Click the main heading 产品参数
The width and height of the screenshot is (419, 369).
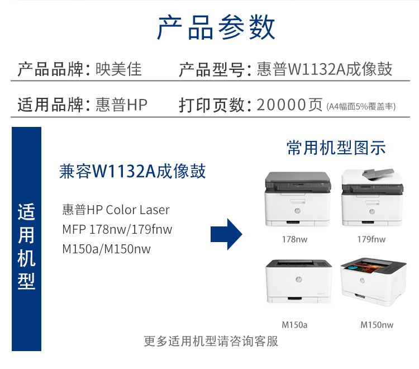click(216, 27)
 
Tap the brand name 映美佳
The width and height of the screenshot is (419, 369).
click(118, 69)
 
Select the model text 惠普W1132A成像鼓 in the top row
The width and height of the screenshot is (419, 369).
click(325, 69)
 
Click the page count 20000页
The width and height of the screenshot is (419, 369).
click(289, 105)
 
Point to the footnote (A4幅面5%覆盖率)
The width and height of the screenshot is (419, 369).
click(361, 106)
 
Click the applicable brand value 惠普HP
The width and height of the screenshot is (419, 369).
click(121, 105)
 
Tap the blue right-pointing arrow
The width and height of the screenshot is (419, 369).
click(226, 234)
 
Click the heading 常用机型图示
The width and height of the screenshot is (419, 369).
click(336, 148)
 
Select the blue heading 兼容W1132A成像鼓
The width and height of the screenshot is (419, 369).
click(132, 171)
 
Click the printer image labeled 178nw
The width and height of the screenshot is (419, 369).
click(298, 199)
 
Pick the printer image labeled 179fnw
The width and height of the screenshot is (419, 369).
click(372, 197)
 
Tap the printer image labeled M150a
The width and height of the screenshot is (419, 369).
click(299, 281)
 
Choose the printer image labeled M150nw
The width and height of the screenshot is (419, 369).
click(374, 282)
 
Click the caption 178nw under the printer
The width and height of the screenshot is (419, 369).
click(294, 239)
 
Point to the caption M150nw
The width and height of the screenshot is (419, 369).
click(377, 325)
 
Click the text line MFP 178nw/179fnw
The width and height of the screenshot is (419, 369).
click(117, 229)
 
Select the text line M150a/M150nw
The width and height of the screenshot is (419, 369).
click(106, 249)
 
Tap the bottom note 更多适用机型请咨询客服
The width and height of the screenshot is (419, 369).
click(211, 341)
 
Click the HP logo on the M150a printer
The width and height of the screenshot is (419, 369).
click(299, 280)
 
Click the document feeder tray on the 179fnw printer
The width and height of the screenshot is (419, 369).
click(378, 173)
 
